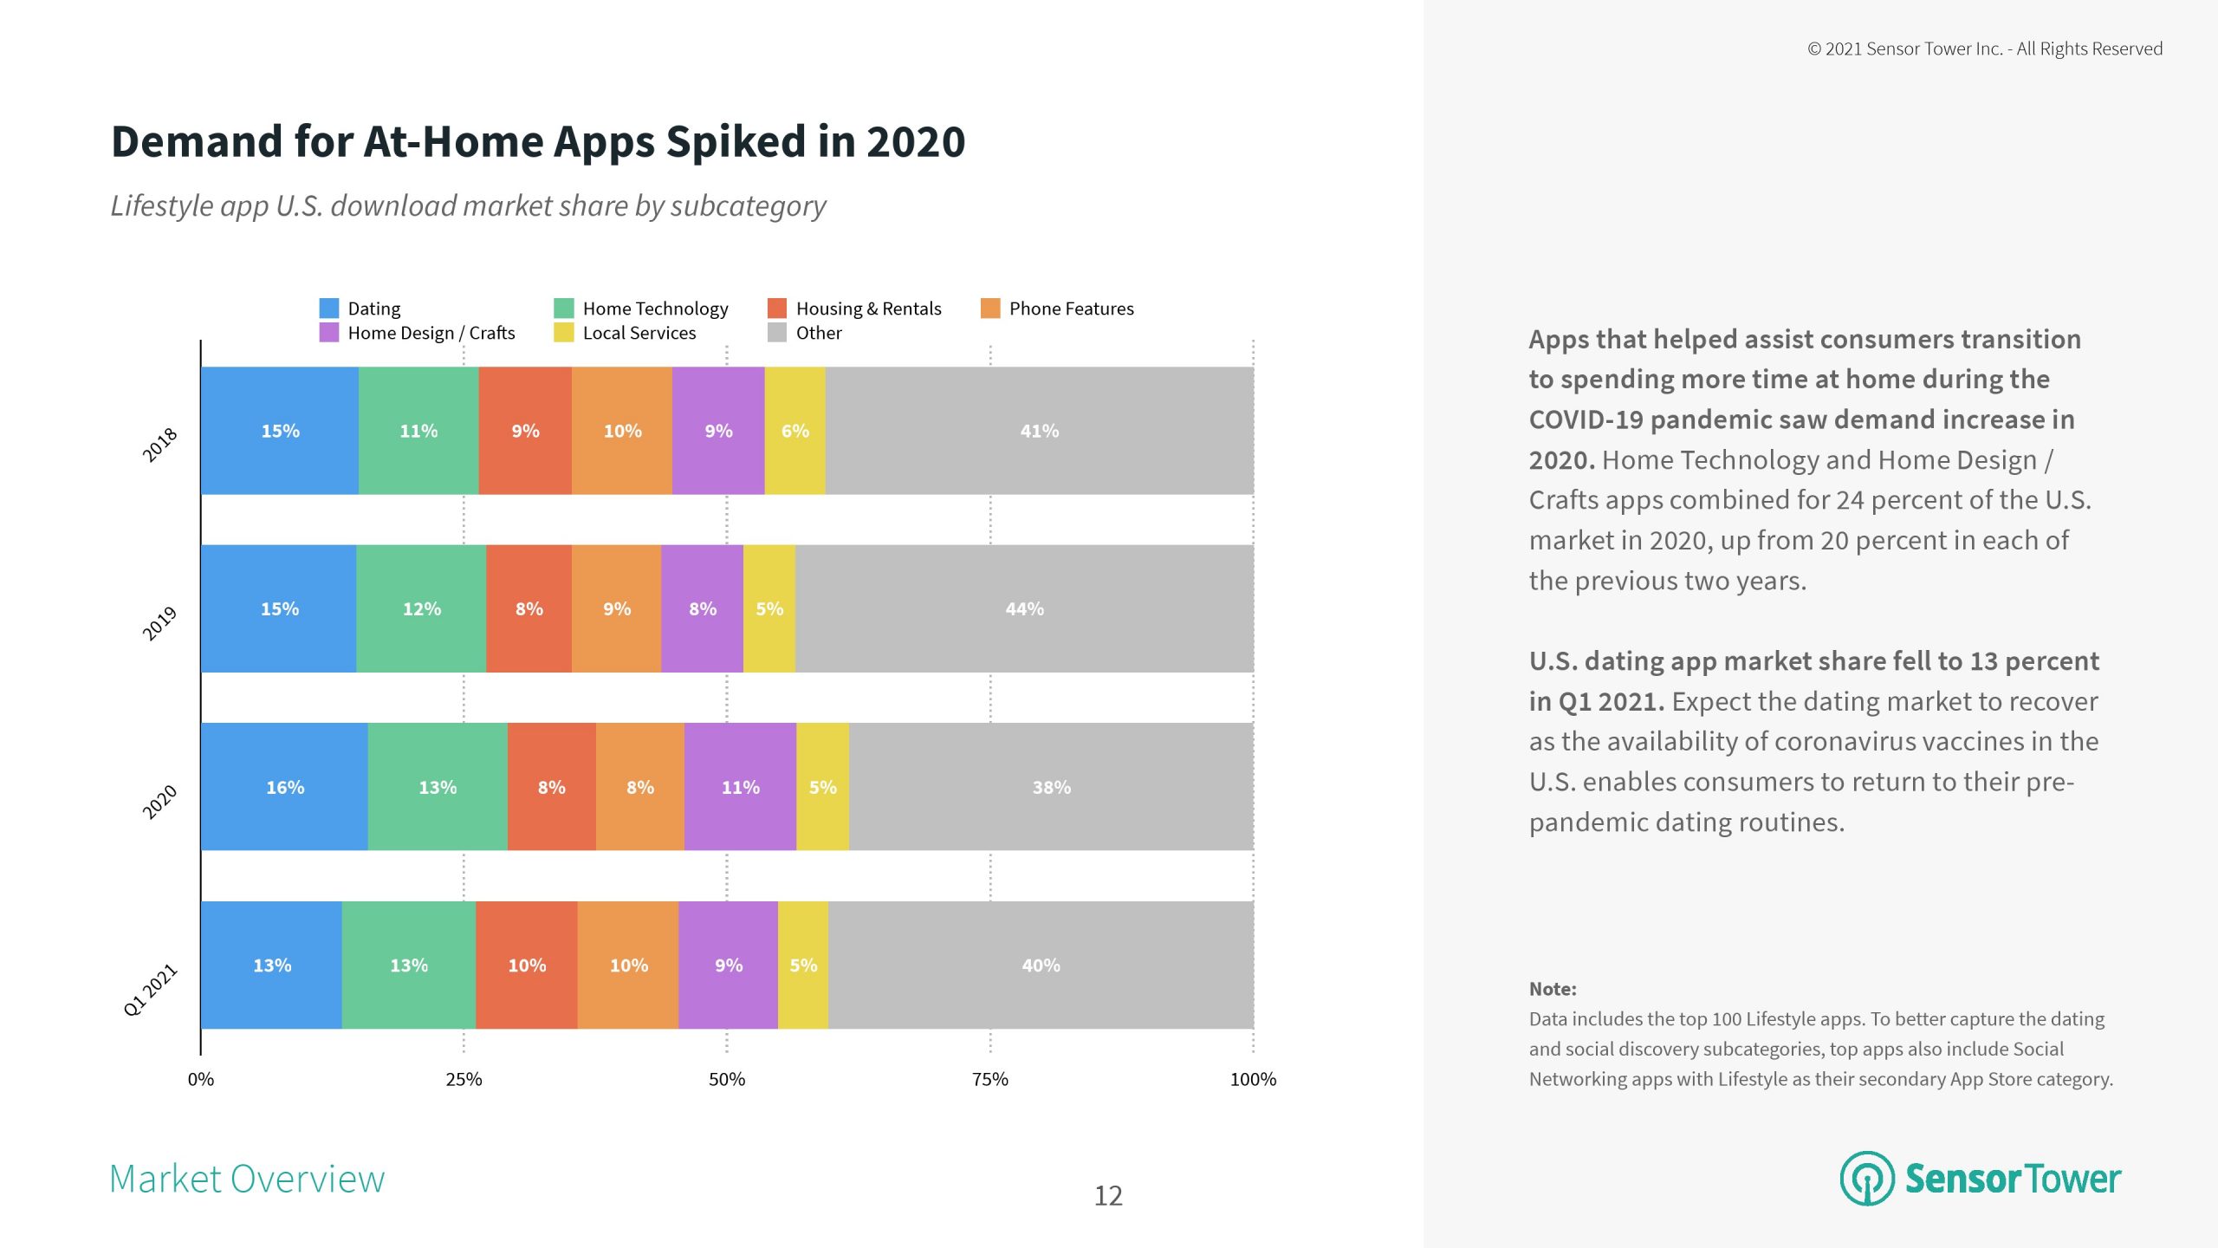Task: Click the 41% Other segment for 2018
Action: click(1039, 431)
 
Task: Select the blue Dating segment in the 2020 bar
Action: click(284, 787)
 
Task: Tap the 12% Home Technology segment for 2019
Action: click(421, 608)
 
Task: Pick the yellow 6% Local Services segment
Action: click(794, 431)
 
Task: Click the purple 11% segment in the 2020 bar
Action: click(740, 787)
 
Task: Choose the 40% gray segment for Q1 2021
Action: click(1041, 965)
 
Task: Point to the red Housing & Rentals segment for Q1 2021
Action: click(526, 965)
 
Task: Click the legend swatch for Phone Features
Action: click(990, 309)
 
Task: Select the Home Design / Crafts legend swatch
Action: click(329, 333)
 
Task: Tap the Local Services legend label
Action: click(639, 333)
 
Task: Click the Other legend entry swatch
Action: click(777, 333)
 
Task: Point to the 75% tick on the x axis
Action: click(989, 1079)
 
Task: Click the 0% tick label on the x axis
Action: click(201, 1079)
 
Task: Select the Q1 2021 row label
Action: click(151, 989)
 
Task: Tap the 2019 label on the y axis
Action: click(159, 623)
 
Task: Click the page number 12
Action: click(1108, 1196)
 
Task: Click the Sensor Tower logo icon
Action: click(1867, 1178)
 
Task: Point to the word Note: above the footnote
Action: click(1553, 989)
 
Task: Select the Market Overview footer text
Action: click(247, 1179)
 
